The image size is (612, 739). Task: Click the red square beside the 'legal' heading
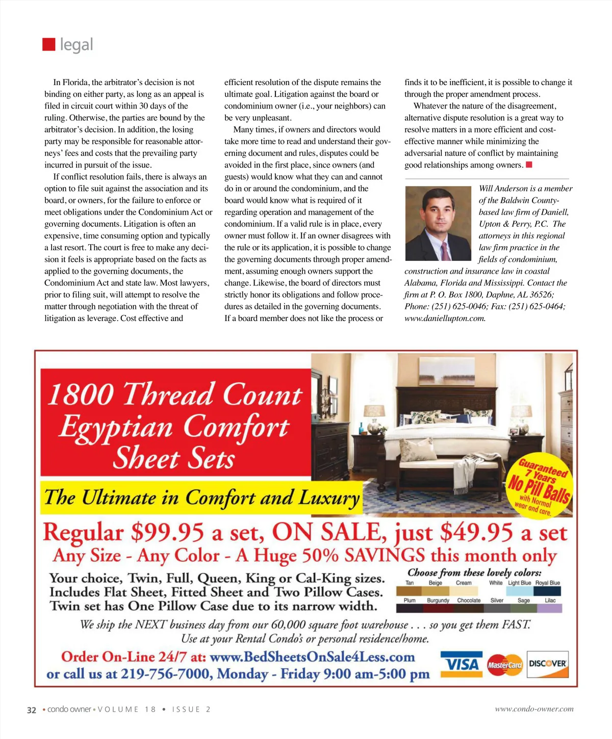(48, 44)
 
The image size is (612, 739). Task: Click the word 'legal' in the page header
(76, 45)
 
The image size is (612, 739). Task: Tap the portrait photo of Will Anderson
(438, 223)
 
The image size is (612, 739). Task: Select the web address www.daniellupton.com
(445, 319)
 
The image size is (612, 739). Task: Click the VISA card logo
(461, 664)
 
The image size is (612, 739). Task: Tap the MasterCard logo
(504, 665)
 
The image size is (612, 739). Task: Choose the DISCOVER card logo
(547, 664)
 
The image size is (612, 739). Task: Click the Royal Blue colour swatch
(547, 591)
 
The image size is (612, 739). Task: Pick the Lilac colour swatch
(550, 608)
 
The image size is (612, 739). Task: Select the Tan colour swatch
(409, 591)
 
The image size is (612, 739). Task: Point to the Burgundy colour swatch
(438, 608)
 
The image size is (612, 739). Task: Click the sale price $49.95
(476, 533)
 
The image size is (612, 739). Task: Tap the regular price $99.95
(167, 533)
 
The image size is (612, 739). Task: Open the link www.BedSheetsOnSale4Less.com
(312, 657)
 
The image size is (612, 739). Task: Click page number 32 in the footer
(32, 710)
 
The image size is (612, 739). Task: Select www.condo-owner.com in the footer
(534, 709)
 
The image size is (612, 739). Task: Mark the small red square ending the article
(529, 165)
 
